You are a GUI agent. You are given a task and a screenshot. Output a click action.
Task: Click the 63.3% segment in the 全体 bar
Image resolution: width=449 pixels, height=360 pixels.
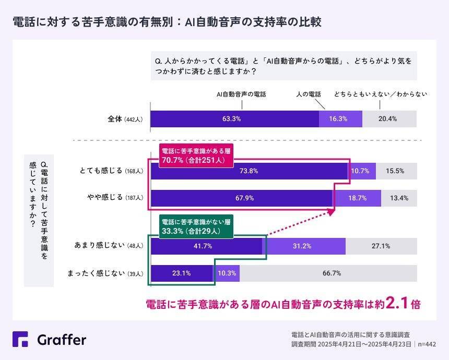tap(231, 119)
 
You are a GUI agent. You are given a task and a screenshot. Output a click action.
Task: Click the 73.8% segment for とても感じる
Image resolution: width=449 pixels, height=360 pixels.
tap(249, 171)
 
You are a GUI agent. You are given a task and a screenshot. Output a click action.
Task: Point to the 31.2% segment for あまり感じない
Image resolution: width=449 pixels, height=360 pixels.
tap(304, 246)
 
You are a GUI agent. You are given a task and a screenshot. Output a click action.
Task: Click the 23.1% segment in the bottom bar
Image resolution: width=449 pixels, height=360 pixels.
tap(181, 273)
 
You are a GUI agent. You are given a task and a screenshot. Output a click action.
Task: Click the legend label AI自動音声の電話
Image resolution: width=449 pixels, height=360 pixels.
tap(241, 94)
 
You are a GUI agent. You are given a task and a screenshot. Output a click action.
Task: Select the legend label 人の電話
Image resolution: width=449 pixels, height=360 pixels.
tap(309, 94)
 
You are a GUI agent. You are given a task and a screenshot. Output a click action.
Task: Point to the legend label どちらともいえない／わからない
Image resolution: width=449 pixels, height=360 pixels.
tap(381, 94)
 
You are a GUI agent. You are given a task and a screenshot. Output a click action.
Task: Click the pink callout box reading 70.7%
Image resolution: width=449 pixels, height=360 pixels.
tap(195, 155)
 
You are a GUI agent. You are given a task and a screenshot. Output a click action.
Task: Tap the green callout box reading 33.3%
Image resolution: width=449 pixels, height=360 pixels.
tap(195, 226)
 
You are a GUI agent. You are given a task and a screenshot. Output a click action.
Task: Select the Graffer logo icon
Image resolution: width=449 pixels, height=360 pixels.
tap(20, 340)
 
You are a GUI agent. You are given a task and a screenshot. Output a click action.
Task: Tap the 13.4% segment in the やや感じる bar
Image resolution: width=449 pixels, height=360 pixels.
tap(399, 198)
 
